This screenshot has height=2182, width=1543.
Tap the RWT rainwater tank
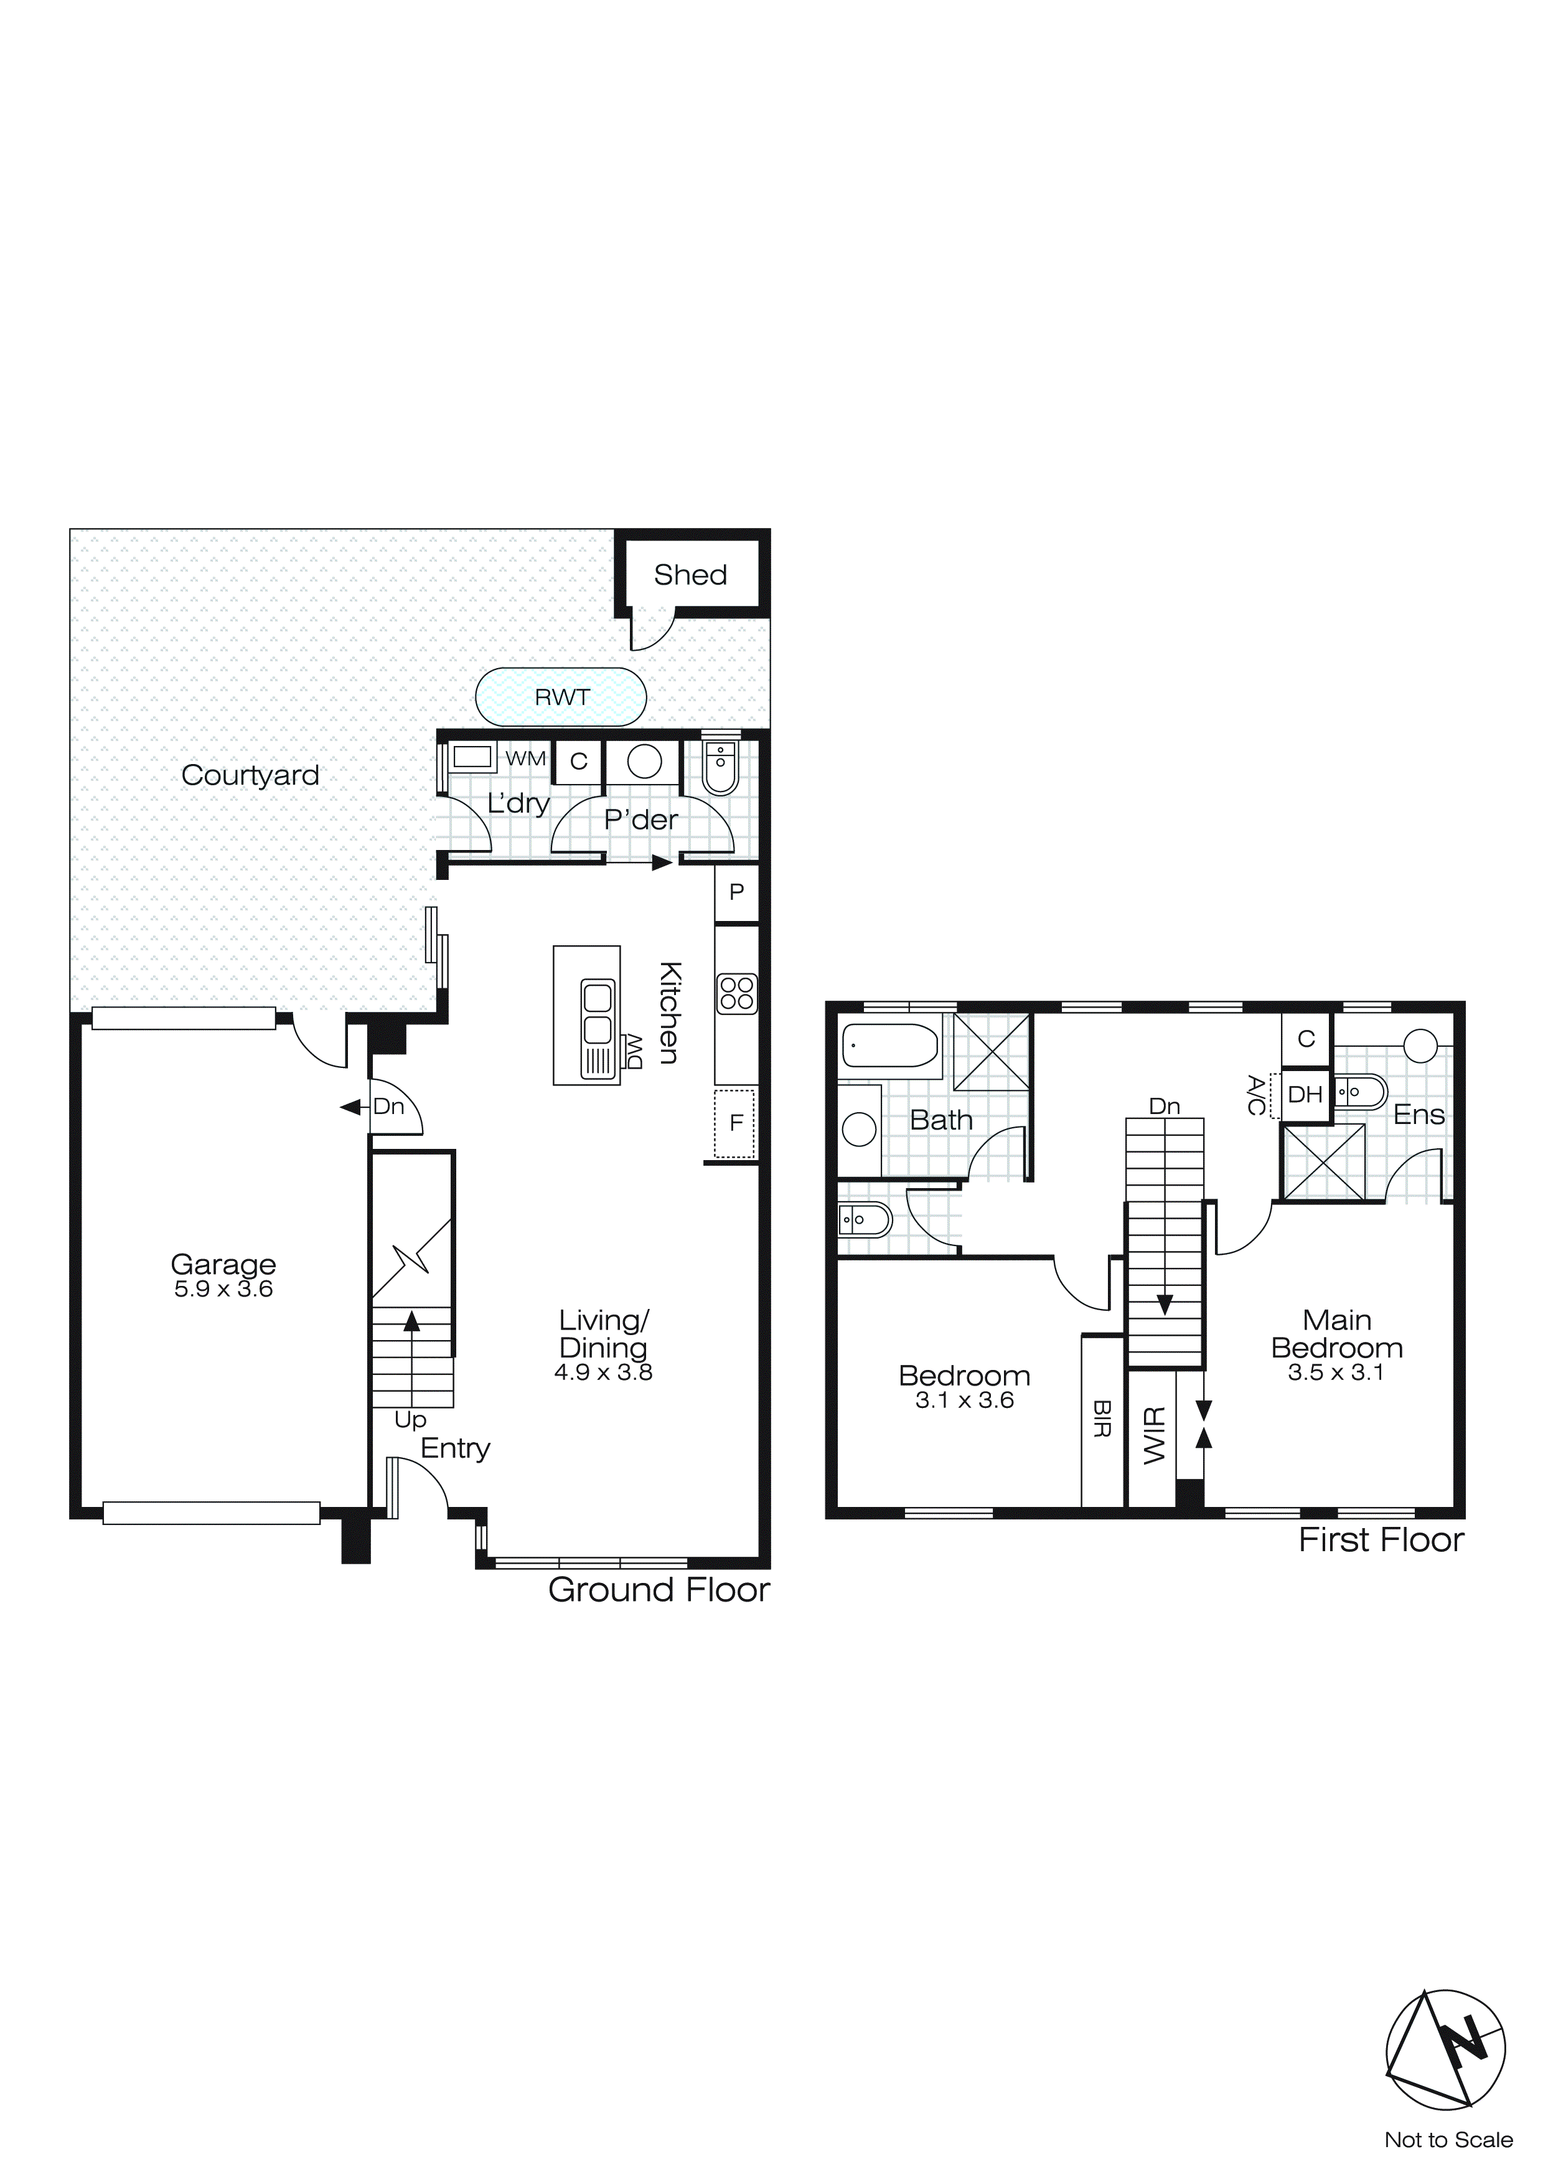561,697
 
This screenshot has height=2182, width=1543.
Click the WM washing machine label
525,758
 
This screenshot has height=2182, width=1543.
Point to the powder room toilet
720,766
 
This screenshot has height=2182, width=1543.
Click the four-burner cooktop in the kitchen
736,994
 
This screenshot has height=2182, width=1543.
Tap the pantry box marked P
736,892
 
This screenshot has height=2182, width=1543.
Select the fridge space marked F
735,1123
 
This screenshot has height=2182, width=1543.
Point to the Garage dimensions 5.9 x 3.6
223,1290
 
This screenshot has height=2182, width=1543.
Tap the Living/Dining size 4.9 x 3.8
603,1372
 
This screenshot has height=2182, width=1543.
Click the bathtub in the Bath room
890,1046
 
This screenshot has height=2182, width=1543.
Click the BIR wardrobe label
1102,1419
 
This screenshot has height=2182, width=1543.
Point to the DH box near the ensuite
1305,1095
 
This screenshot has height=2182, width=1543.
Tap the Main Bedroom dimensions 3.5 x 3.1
1336,1372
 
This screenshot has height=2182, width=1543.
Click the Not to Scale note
1448,2140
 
